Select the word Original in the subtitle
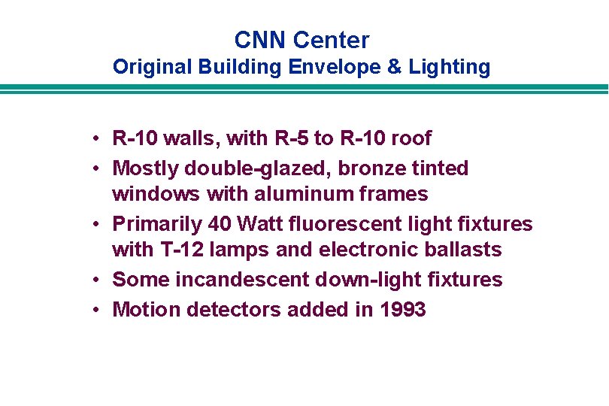153,67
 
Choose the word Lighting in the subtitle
450,67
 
